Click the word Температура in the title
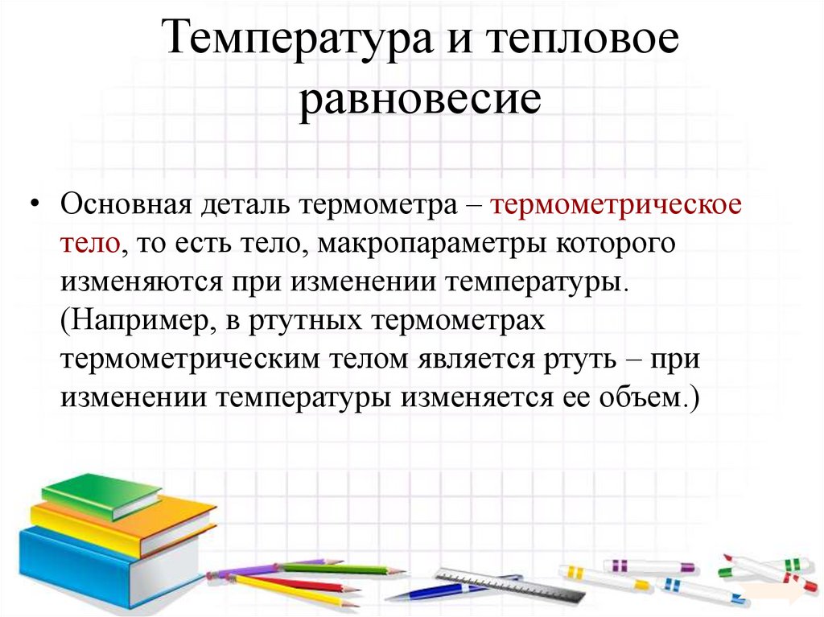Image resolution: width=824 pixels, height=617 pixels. coord(293,42)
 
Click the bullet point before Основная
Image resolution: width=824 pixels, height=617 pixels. coord(35,204)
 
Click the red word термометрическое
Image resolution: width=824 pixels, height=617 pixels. coord(616,204)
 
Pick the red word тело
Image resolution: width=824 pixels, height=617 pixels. coord(90,244)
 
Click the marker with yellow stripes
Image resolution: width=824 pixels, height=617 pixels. coord(604,577)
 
